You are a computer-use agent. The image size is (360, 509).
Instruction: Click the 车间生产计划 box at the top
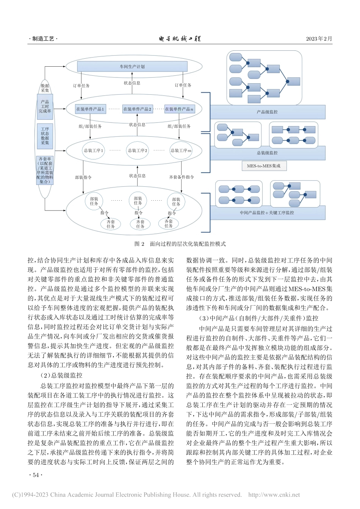tap(132, 67)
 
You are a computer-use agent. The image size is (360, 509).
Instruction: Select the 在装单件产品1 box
tap(90, 109)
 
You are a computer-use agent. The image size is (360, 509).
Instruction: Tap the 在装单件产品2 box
tap(137, 109)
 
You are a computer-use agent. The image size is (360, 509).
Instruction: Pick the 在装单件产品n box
tap(179, 109)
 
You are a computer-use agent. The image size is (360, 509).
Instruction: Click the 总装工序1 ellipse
tap(93, 150)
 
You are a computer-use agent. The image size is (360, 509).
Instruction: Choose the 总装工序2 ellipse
tap(138, 150)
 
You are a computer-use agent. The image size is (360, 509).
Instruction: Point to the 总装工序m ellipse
tap(181, 150)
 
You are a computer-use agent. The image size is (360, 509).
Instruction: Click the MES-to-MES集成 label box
tap(264, 166)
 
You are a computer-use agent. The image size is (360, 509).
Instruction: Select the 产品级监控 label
tap(267, 112)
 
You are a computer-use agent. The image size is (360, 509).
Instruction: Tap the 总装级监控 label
tap(267, 153)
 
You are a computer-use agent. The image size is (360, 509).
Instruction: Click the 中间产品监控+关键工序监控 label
tap(267, 213)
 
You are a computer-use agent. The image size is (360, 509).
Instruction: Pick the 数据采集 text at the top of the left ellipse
tap(45, 88)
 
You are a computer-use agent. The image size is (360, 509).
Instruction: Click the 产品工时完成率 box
tap(45, 106)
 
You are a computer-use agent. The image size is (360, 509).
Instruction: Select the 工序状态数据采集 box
tap(45, 136)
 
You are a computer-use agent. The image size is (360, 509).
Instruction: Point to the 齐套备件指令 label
tap(182, 177)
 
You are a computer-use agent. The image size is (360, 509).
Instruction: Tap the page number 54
tap(36, 475)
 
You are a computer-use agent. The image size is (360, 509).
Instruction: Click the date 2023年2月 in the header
tap(319, 39)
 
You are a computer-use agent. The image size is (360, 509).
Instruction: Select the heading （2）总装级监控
tap(61, 375)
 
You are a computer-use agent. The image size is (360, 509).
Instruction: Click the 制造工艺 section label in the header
tap(43, 39)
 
